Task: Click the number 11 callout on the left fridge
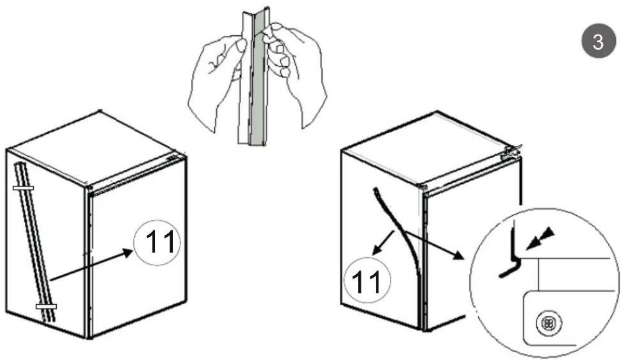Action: click(x=158, y=243)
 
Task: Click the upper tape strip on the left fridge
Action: click(x=23, y=189)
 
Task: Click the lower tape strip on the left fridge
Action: click(x=46, y=306)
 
